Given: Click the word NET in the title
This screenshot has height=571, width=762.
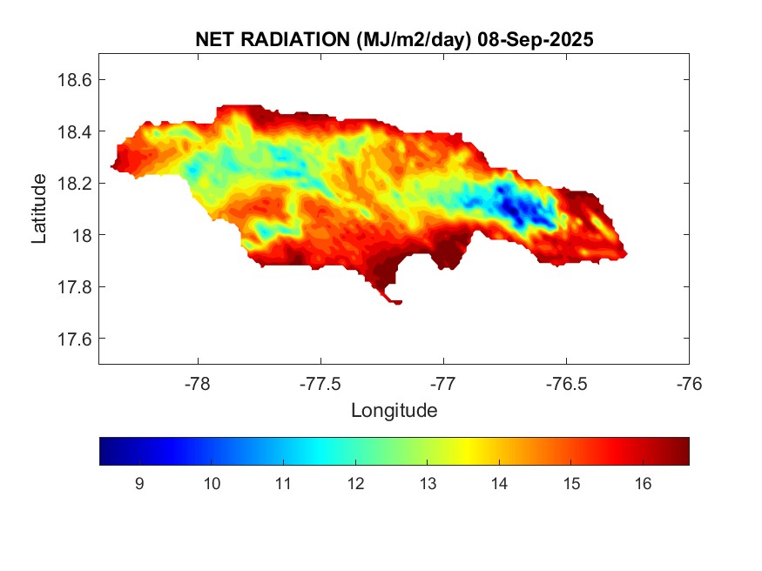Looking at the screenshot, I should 215,39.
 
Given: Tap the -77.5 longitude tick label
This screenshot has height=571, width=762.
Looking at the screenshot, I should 320,384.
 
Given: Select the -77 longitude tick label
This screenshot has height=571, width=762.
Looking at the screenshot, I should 444,384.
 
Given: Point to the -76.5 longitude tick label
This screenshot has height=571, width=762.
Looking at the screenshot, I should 566,384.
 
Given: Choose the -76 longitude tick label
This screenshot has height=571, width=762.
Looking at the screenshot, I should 690,384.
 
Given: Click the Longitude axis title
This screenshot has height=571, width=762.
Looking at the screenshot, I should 394,410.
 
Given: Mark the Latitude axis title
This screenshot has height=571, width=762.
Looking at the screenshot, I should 39,209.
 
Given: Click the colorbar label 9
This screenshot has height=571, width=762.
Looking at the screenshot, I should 139,484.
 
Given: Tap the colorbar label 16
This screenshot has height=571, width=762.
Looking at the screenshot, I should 642,484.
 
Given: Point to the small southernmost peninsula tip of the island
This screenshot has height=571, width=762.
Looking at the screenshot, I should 398,303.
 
